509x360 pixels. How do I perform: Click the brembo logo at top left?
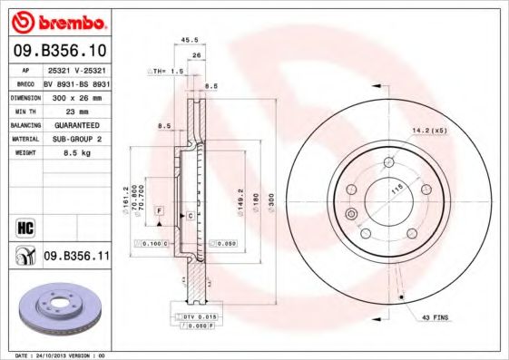point(56,20)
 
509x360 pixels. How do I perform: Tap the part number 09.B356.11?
point(76,257)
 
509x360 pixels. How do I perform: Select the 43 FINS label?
point(434,318)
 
